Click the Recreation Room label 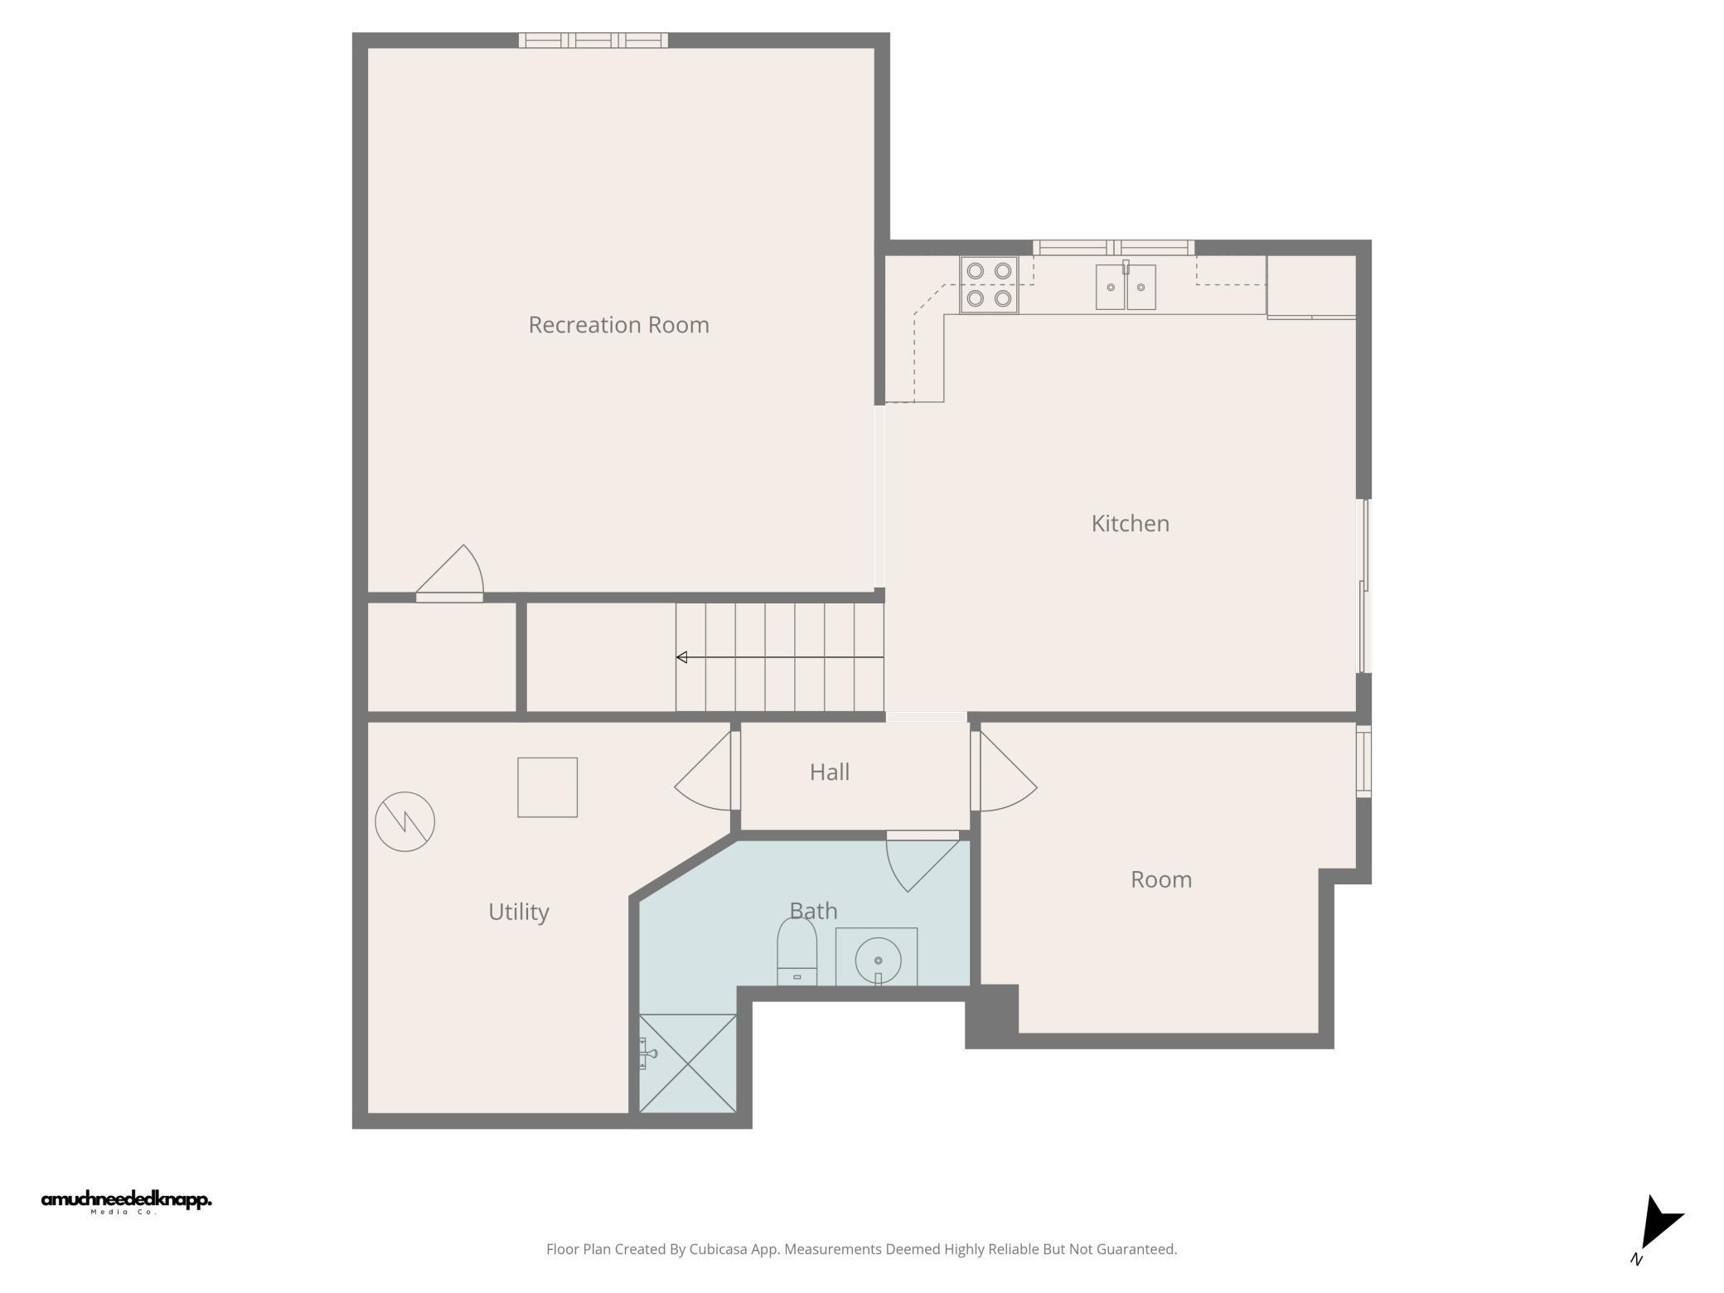tap(618, 325)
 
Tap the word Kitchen tap(1130, 524)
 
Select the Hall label tap(829, 772)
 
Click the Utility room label tap(518, 912)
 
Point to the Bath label tap(813, 911)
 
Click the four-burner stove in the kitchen tap(989, 284)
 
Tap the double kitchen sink tap(1126, 287)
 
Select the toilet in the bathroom tap(797, 953)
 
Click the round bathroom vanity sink tap(877, 960)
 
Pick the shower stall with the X tap(688, 1063)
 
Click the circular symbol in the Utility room tap(404, 821)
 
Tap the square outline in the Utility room tap(547, 787)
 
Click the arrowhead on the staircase tap(681, 657)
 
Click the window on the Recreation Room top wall tap(593, 40)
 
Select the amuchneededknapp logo tap(126, 1201)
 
